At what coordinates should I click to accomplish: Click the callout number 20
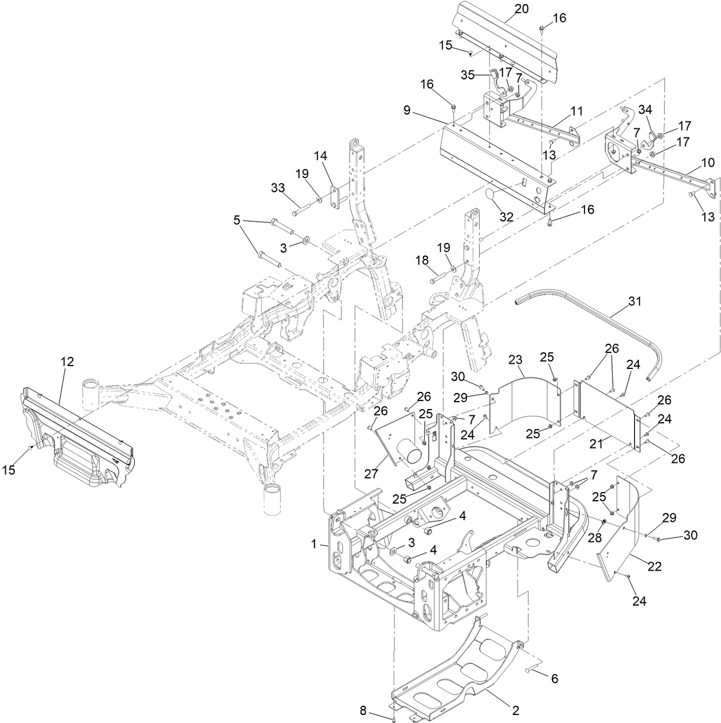pyautogui.click(x=522, y=9)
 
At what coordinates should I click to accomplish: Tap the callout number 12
pyautogui.click(x=67, y=362)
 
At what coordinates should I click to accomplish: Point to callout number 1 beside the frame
pyautogui.click(x=314, y=544)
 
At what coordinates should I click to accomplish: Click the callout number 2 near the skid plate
pyautogui.click(x=515, y=710)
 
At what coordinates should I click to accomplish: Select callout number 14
pyautogui.click(x=320, y=155)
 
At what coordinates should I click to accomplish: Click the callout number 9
pyautogui.click(x=407, y=110)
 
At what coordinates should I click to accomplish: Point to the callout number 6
pyautogui.click(x=554, y=679)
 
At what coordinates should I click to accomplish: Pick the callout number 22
pyautogui.click(x=654, y=566)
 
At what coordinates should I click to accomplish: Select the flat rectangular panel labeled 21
pyautogui.click(x=608, y=412)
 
